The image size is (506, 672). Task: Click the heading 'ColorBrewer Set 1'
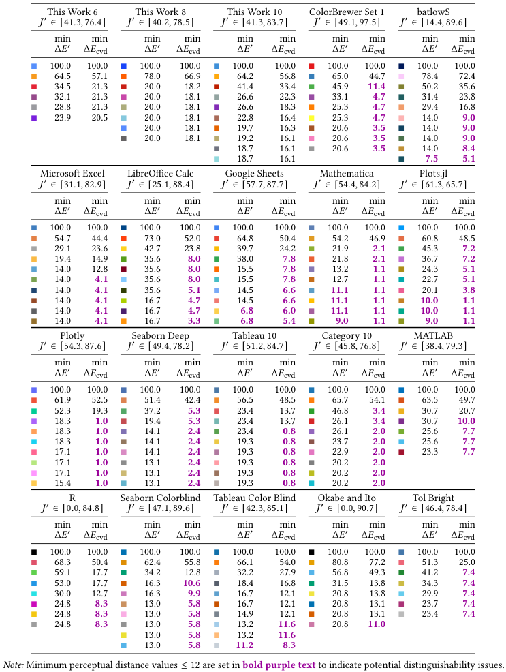pyautogui.click(x=347, y=12)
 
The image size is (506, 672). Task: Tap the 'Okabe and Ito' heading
pyautogui.click(x=347, y=498)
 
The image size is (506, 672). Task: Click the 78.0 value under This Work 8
pyautogui.click(x=151, y=76)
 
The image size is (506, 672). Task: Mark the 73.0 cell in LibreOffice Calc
pyautogui.click(x=151, y=238)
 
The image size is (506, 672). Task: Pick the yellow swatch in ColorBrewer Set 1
pyautogui.click(x=312, y=117)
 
